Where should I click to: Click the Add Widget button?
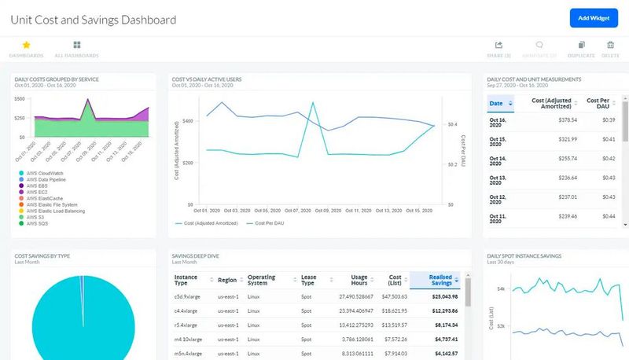pos(594,18)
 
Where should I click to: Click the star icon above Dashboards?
pos(26,46)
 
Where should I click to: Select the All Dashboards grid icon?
pos(76,46)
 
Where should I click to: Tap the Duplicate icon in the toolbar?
pos(581,46)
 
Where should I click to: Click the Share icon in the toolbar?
pos(498,46)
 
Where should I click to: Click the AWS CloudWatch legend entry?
pos(45,173)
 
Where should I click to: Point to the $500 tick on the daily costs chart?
pos(20,99)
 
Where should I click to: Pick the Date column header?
pos(496,103)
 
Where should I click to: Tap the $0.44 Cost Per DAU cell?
pos(608,216)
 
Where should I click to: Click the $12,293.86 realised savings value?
pos(443,311)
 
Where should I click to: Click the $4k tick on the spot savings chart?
pos(501,289)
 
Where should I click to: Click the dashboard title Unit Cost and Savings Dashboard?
pos(93,19)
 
